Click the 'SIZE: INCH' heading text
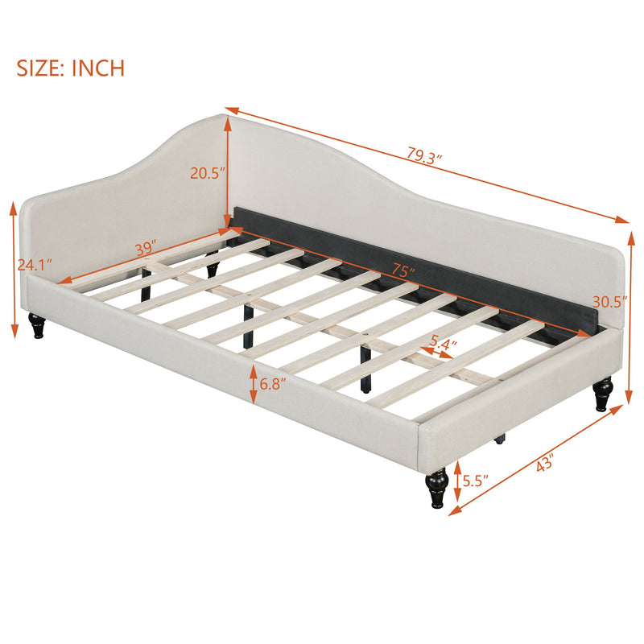click(x=71, y=67)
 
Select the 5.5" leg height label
click(x=473, y=481)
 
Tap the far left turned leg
click(x=37, y=324)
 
